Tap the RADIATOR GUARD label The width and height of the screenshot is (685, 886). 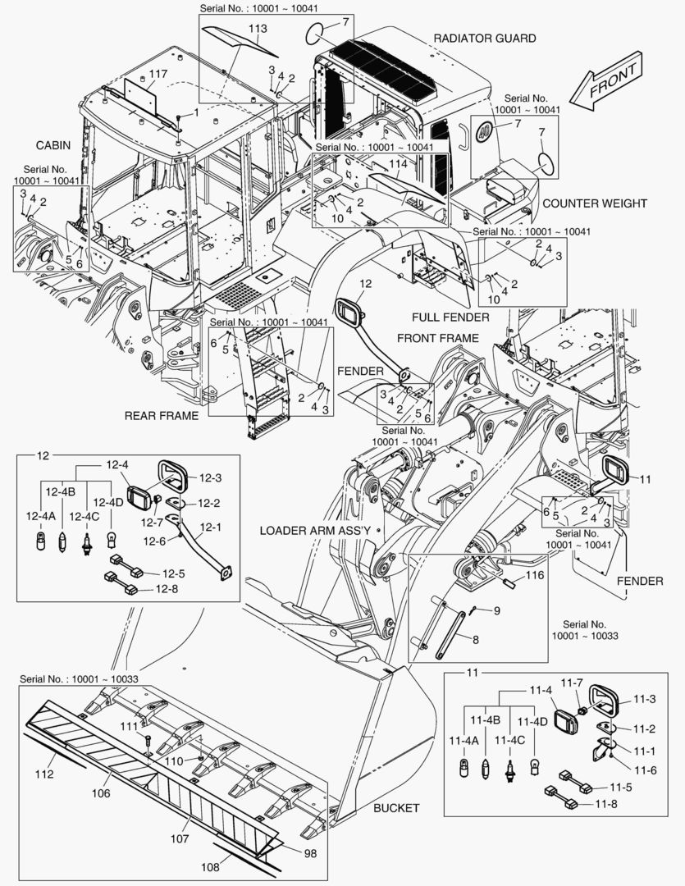tap(484, 39)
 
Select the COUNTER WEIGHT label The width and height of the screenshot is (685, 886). tap(594, 203)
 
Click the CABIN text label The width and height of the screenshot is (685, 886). tap(53, 145)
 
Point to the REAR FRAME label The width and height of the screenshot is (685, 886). tap(161, 416)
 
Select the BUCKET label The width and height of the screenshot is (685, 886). tap(396, 808)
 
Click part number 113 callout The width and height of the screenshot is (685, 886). tap(258, 29)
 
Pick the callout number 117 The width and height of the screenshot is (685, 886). tap(158, 75)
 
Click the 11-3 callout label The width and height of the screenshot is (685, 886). tap(644, 700)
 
